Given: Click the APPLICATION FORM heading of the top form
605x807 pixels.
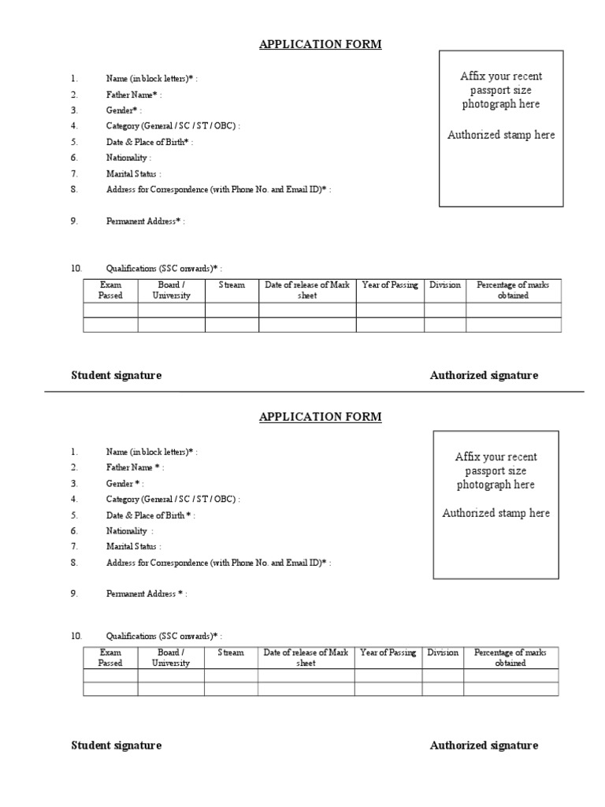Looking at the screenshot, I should click(x=320, y=44).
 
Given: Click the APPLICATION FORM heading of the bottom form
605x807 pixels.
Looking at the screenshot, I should click(x=320, y=417).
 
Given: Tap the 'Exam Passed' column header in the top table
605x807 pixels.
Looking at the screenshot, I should click(x=110, y=290).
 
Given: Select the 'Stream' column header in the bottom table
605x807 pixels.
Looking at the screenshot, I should click(x=231, y=653).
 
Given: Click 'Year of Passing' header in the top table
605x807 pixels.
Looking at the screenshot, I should click(x=390, y=285).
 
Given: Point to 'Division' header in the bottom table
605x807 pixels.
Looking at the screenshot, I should click(x=443, y=653).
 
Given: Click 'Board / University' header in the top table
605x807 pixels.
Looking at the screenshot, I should click(x=172, y=290).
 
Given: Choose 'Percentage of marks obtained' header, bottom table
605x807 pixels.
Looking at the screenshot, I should click(x=510, y=657).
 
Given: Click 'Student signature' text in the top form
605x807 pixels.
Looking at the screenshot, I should click(x=117, y=375).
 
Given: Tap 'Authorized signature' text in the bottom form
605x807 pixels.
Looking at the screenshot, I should click(x=484, y=746).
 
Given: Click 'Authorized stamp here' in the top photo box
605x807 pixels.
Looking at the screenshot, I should click(x=501, y=135).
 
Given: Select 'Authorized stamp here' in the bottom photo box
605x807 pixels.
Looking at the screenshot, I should click(x=496, y=513).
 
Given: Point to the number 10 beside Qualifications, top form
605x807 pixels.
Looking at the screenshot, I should click(x=76, y=269).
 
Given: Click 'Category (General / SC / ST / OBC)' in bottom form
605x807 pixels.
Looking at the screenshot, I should click(x=173, y=500).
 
